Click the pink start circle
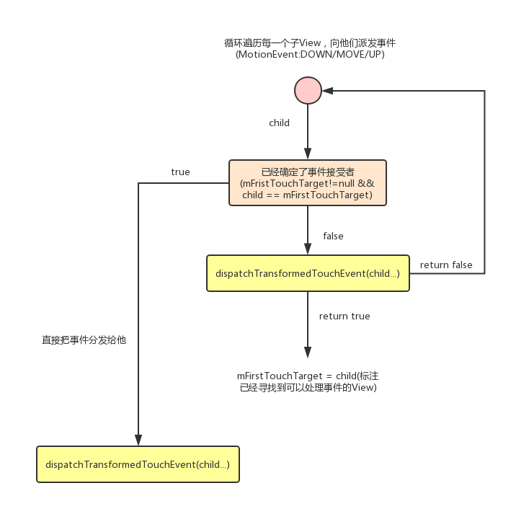click(308, 91)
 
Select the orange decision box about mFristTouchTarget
click(308, 183)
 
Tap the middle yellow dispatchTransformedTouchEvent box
click(308, 273)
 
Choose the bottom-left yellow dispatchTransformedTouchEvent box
click(138, 464)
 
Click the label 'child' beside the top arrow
click(279, 123)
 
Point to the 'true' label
click(180, 172)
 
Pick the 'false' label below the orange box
click(333, 236)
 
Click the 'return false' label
click(446, 265)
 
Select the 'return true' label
click(344, 316)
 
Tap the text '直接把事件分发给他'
click(84, 340)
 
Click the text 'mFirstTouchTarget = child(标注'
click(308, 376)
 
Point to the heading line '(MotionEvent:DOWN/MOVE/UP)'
click(310, 55)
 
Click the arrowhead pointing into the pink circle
click(327, 91)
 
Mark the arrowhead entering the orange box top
click(308, 154)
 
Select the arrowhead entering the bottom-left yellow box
click(138, 440)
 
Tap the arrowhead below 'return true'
click(308, 353)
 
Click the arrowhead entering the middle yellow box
click(308, 249)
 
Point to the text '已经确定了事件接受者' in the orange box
click(308, 172)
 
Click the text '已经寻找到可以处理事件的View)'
click(308, 388)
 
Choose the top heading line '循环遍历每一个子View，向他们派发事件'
click(310, 43)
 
